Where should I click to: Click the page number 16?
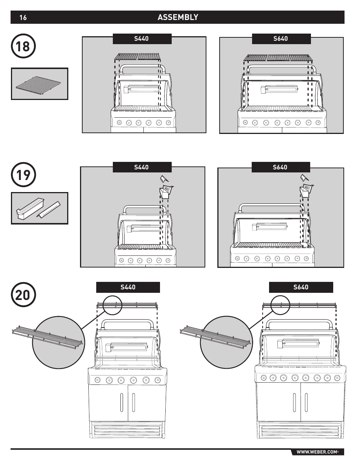pyautogui.click(x=23, y=17)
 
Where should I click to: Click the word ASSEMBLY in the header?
pyautogui.click(x=178, y=17)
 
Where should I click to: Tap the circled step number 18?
pyautogui.click(x=23, y=46)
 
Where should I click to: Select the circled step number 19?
pyautogui.click(x=23, y=175)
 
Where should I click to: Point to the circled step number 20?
pyautogui.click(x=23, y=295)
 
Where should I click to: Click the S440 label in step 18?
pyautogui.click(x=142, y=38)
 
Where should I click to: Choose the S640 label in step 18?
pyautogui.click(x=281, y=38)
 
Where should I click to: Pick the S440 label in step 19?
pyautogui.click(x=142, y=167)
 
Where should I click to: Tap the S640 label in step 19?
pyautogui.click(x=280, y=167)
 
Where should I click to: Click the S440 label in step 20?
pyautogui.click(x=128, y=287)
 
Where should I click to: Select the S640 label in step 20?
pyautogui.click(x=301, y=287)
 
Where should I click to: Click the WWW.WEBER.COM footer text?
pyautogui.click(x=317, y=452)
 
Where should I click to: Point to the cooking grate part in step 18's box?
pyautogui.click(x=39, y=84)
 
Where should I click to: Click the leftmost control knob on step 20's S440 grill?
pyautogui.click(x=98, y=380)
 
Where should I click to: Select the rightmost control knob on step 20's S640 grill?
pyautogui.click(x=337, y=377)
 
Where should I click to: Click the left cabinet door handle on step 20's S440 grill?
pyautogui.click(x=122, y=403)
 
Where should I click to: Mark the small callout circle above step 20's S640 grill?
pyautogui.click(x=280, y=305)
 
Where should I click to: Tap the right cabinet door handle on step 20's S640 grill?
pyautogui.click(x=306, y=403)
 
